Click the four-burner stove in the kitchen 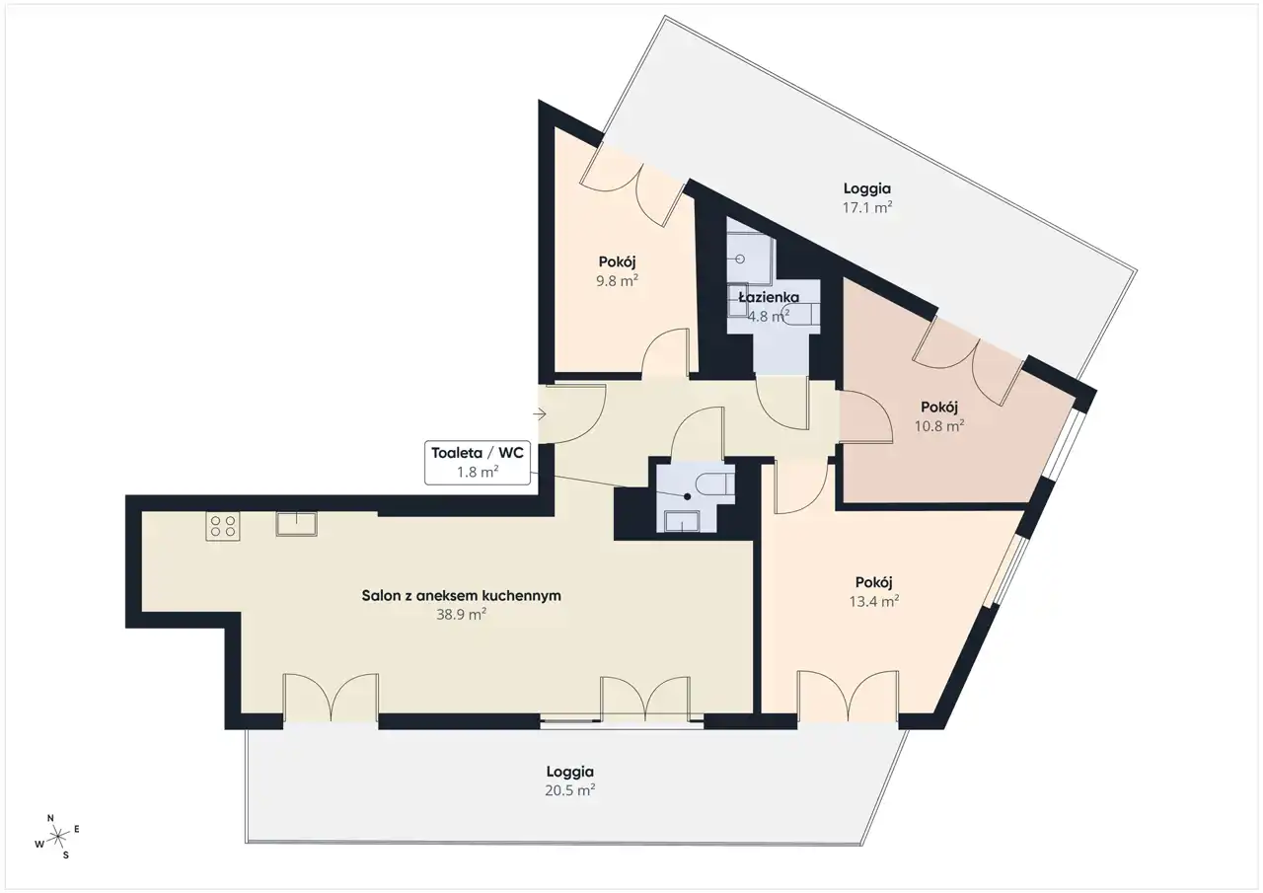[x=223, y=526]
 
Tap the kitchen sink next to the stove [x=297, y=524]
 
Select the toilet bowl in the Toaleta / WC [x=715, y=484]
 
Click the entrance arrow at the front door [x=540, y=414]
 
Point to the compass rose [x=57, y=836]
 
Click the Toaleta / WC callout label [x=478, y=462]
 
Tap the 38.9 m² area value [x=461, y=615]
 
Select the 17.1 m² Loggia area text [x=867, y=207]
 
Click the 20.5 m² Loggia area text [x=570, y=790]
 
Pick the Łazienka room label [x=769, y=297]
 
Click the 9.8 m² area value [x=618, y=281]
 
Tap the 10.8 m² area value [x=939, y=425]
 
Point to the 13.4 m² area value [x=874, y=602]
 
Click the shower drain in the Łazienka [x=740, y=259]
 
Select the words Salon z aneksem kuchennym [x=461, y=595]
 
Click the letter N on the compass [x=50, y=818]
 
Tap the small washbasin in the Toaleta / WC [x=682, y=521]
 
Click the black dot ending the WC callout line [x=688, y=496]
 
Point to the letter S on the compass [x=66, y=856]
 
